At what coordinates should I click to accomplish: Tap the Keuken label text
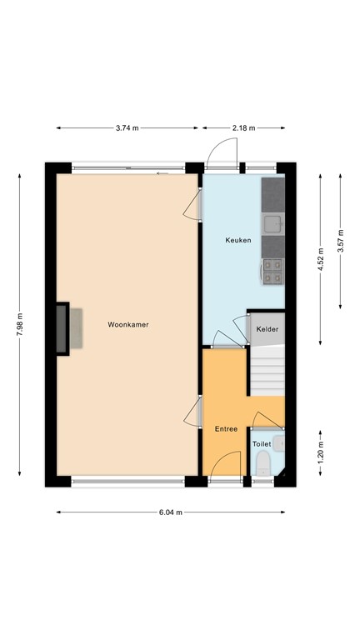coord(237,241)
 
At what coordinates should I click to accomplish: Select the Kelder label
coord(267,329)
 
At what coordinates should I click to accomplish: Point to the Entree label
coord(226,428)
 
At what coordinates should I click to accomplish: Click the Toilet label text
coord(262,444)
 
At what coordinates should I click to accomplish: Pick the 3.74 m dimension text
coord(128,127)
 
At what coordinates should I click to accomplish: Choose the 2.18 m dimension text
coord(243,127)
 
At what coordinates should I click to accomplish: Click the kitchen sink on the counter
coord(272,222)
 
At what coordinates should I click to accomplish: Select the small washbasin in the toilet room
coord(278,443)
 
